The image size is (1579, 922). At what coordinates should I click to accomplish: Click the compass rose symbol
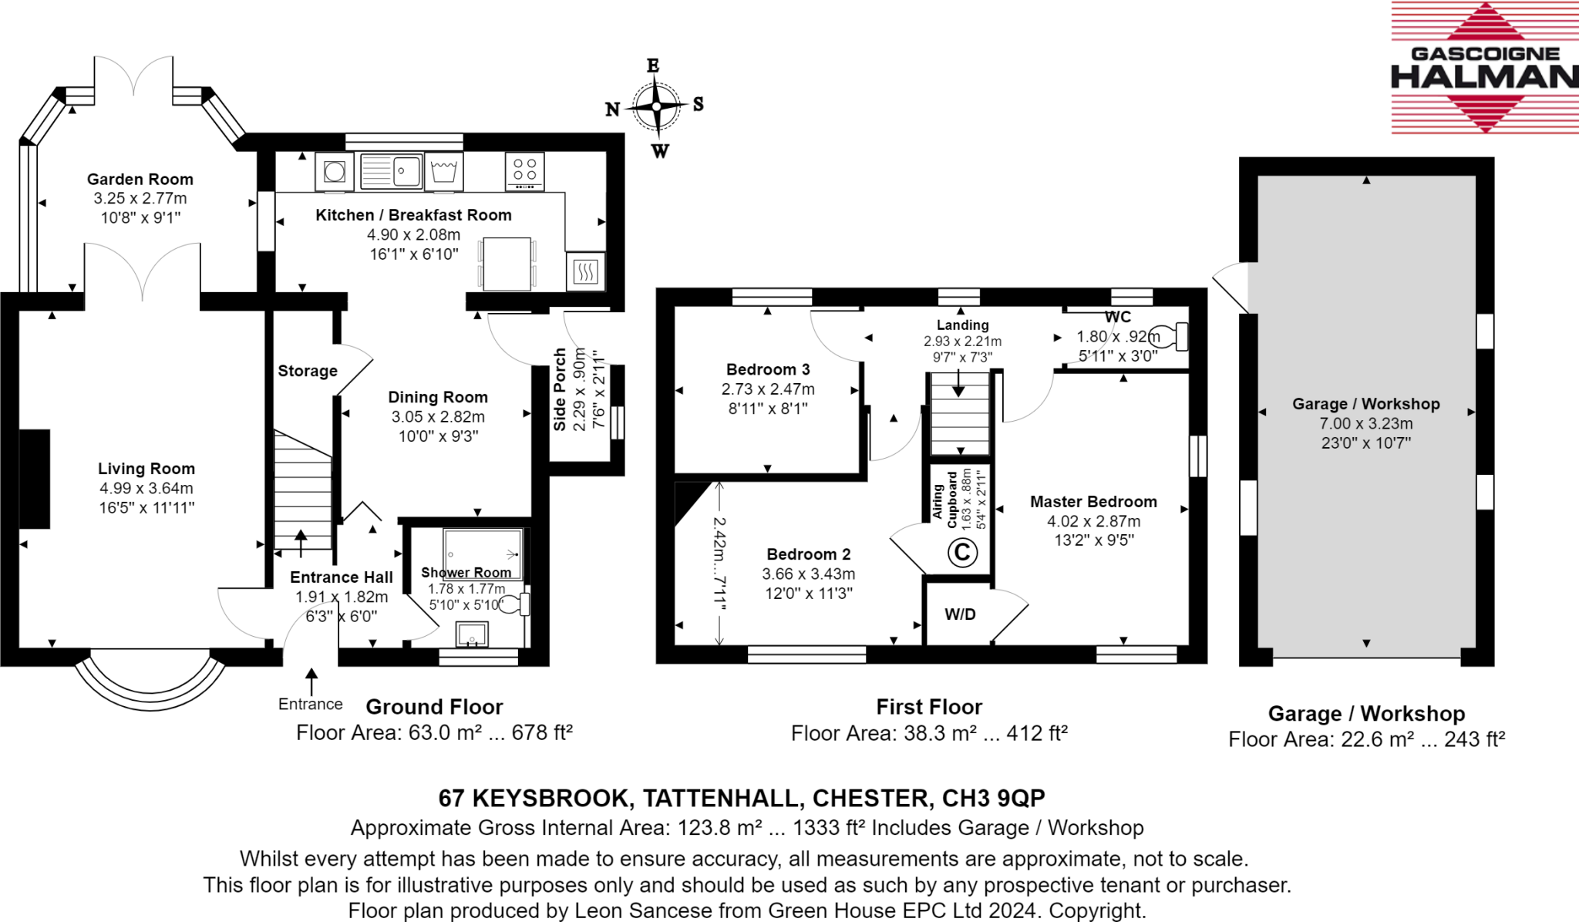656,106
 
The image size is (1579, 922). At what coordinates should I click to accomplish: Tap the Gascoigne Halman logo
1484,68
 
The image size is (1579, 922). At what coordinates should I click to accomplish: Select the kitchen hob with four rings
525,171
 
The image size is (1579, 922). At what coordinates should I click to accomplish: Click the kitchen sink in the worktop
392,171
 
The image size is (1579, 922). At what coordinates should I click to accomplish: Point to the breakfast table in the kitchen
507,264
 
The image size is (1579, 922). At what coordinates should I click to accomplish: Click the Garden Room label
140,180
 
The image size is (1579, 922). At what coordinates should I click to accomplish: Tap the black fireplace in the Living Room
35,479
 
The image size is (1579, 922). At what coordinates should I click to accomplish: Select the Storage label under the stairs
308,372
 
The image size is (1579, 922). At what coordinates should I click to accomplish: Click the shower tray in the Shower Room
483,554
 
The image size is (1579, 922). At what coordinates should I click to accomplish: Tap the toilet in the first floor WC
1170,337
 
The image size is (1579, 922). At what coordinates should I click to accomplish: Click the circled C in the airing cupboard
962,552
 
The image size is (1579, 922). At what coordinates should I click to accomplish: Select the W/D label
960,614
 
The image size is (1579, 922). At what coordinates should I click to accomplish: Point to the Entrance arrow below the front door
311,683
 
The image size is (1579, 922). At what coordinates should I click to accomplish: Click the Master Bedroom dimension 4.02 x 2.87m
1093,521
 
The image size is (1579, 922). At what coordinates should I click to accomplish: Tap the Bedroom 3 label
768,369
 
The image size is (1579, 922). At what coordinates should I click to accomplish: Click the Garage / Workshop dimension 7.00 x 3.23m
1365,423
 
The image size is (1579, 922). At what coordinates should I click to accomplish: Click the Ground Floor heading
434,707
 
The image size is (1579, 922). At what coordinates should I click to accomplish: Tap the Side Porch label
561,389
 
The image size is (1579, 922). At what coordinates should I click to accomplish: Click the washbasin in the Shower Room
472,634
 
